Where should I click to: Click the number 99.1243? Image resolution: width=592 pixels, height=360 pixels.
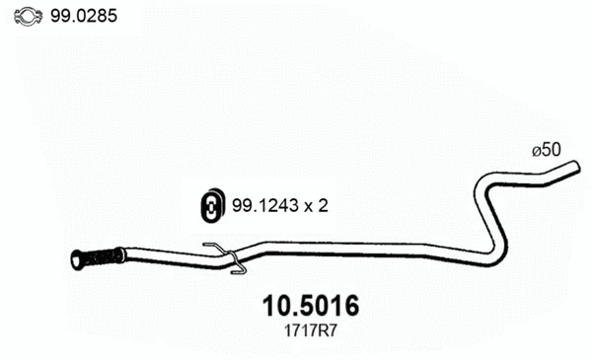[263, 205]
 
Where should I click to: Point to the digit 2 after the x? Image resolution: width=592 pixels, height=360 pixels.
[322, 205]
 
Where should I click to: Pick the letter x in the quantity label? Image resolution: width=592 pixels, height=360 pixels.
[307, 206]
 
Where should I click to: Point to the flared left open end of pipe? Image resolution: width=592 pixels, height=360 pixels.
[76, 260]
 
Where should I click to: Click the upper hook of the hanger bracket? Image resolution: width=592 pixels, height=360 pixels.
[211, 246]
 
